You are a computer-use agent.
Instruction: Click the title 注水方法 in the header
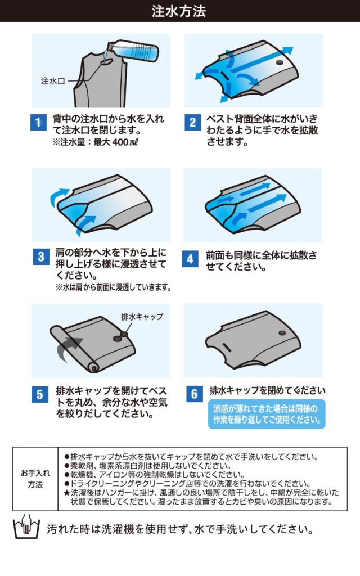coord(179,11)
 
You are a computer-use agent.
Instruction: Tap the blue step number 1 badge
coord(38,122)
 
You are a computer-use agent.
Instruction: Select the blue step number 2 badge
coord(192,122)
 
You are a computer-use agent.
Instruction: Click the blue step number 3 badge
coord(41,256)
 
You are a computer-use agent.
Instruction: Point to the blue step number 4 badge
coord(190,259)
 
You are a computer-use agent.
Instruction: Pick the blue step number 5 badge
coord(40,394)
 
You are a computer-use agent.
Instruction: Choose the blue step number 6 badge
coord(194,394)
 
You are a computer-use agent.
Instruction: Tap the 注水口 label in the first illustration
coord(53,81)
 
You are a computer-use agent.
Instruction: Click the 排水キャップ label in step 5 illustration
coord(142,316)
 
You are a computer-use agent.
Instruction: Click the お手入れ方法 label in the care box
coord(35,479)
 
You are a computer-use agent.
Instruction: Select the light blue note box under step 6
coord(267,414)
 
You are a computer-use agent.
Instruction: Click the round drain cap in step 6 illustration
coord(282,333)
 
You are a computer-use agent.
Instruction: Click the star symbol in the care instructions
coord(66,493)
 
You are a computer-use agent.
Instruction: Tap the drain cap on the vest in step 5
coord(120,336)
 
